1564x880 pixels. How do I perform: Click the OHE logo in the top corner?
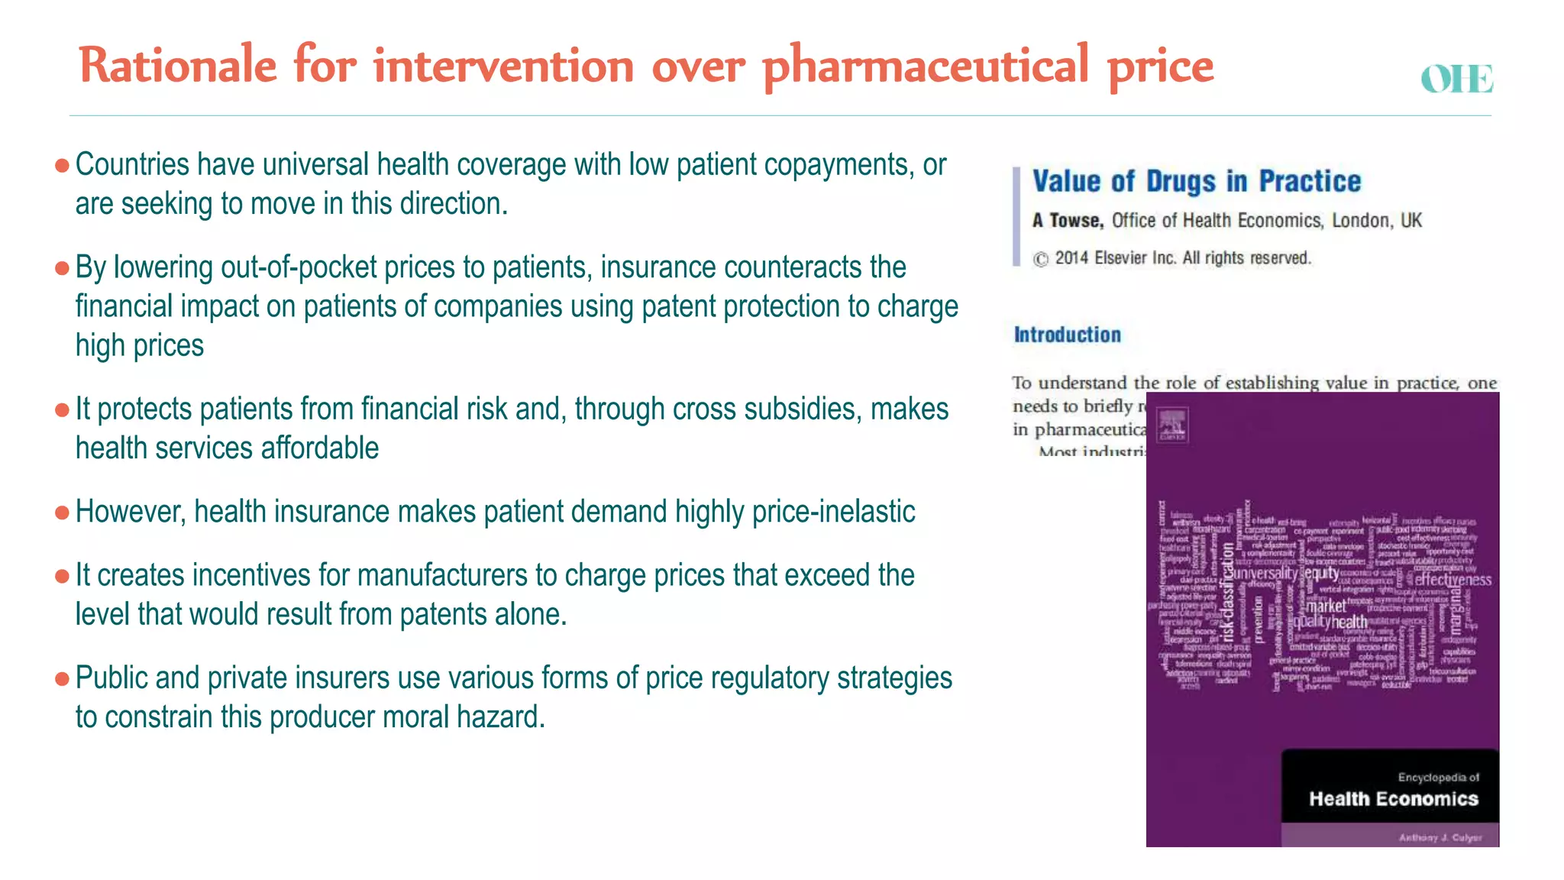1456,79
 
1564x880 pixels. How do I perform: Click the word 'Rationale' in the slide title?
177,66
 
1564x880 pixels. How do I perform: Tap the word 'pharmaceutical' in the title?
925,66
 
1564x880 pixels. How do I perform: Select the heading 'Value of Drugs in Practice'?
1196,182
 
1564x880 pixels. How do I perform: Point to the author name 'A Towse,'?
1068,221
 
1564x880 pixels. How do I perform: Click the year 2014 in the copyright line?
1071,258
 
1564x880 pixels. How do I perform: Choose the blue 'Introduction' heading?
1067,335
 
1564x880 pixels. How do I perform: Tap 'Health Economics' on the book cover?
1393,799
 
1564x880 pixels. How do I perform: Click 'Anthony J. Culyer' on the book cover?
1440,838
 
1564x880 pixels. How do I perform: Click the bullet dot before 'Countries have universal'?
63,165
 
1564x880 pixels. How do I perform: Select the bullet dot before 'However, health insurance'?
63,513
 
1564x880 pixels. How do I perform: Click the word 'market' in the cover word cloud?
1326,607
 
